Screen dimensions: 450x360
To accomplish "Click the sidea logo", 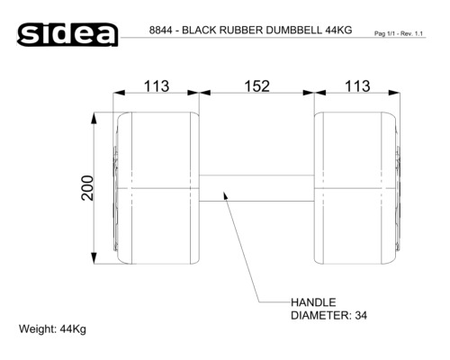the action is point(67,34).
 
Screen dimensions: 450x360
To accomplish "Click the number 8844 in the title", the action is point(161,31).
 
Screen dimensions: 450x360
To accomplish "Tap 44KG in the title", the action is point(338,31).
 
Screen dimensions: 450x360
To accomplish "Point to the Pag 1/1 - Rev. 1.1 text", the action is point(399,33).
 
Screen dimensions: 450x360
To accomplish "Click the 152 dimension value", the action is point(257,86).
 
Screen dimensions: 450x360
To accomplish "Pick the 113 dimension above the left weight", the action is point(157,86).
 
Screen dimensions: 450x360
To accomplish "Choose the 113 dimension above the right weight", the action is point(357,86).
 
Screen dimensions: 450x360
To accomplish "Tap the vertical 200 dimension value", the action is point(87,188).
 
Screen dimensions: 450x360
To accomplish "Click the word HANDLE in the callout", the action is point(313,302).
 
